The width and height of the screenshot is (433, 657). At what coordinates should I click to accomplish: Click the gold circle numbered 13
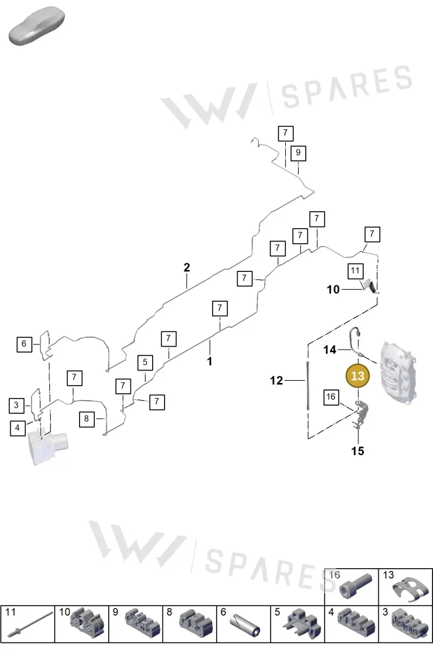click(x=358, y=376)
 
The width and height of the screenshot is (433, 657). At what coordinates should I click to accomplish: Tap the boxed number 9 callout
click(x=298, y=153)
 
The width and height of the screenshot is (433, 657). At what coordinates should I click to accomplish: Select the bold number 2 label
click(x=187, y=268)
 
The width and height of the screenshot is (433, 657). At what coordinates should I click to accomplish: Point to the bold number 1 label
click(x=209, y=361)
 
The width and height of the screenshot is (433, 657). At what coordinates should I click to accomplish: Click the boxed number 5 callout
click(x=146, y=362)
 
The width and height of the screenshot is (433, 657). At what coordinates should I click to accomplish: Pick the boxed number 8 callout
click(x=87, y=419)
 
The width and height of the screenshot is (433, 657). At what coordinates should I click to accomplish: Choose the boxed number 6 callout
click(x=24, y=344)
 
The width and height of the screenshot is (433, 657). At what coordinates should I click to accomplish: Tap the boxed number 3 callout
click(x=16, y=406)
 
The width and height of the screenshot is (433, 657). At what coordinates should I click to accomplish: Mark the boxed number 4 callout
click(x=17, y=428)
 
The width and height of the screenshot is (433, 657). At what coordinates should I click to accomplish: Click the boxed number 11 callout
click(x=356, y=271)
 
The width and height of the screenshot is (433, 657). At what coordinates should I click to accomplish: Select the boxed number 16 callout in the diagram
click(x=331, y=398)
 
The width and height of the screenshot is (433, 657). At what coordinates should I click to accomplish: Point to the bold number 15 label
click(x=358, y=451)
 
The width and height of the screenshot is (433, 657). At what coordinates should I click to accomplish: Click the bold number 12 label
click(x=276, y=380)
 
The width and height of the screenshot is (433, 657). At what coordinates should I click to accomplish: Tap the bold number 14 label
click(x=330, y=349)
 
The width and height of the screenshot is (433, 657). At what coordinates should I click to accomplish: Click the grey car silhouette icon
click(x=36, y=26)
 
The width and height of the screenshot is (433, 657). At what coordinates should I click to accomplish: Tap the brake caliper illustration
click(x=398, y=373)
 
